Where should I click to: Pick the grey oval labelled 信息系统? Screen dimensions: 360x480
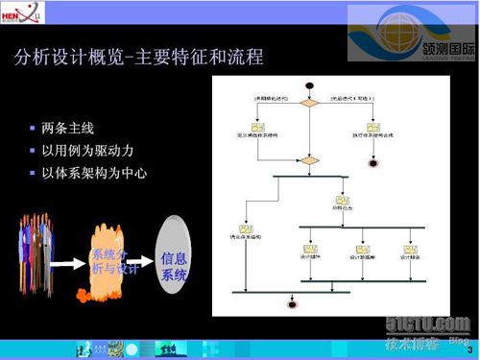(x=174, y=260)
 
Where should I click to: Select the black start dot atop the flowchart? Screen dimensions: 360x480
(x=310, y=89)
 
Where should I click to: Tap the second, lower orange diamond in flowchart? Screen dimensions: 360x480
(x=310, y=159)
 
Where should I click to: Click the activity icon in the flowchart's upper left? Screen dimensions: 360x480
(x=257, y=127)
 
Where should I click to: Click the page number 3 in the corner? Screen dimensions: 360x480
(x=470, y=352)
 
